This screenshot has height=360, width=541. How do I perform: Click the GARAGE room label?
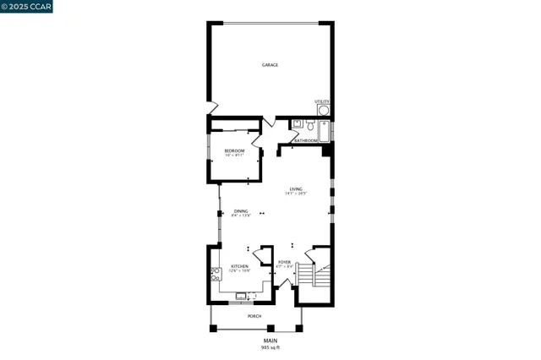270,65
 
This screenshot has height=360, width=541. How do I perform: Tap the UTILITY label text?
322,101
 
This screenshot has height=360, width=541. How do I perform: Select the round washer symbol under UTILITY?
323,110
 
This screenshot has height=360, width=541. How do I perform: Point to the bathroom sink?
296,124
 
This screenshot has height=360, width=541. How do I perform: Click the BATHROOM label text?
306,140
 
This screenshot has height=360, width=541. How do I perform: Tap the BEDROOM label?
234,150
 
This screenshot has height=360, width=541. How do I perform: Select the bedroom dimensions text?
234,155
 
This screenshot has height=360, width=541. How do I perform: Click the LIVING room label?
295,188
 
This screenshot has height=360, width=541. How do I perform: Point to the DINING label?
241,210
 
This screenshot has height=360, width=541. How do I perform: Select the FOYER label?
285,262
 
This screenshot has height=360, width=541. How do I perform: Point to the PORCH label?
254,316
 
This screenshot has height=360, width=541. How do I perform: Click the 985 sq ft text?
270,346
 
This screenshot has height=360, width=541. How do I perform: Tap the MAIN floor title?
270,341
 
